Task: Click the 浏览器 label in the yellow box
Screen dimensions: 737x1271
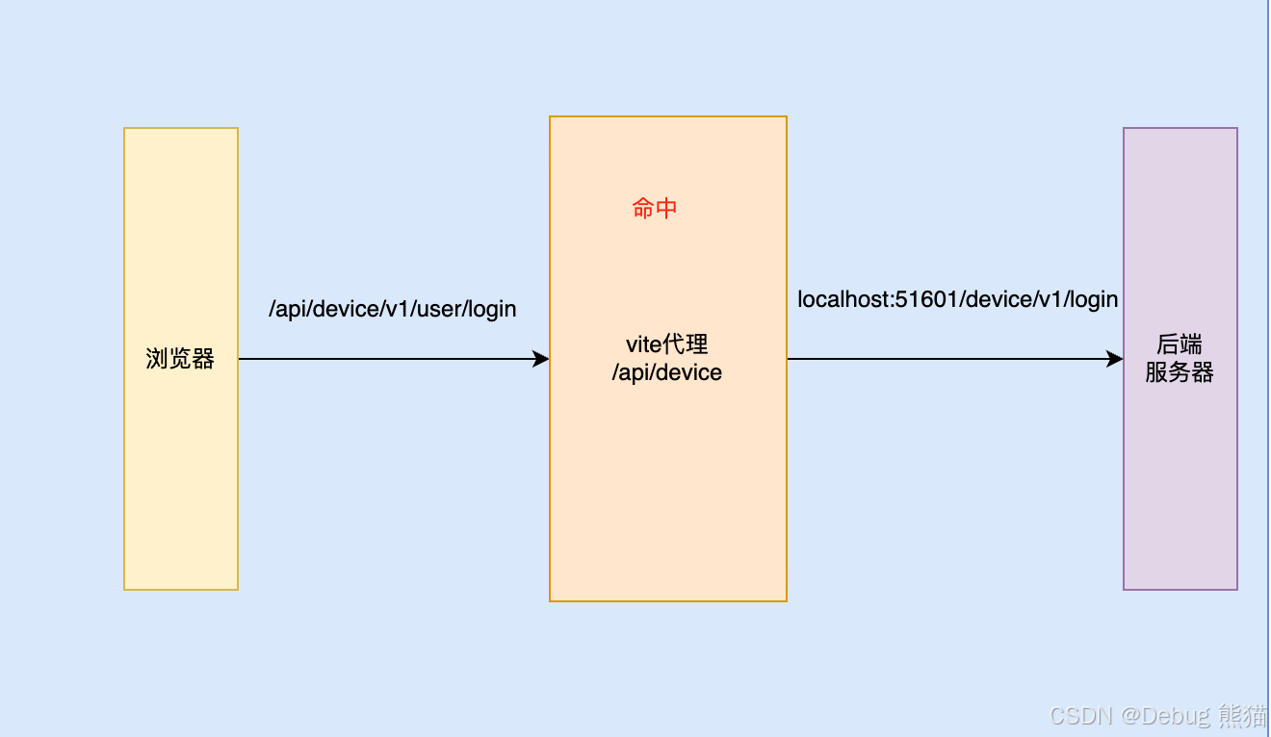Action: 180,360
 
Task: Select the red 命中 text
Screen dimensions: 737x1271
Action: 655,208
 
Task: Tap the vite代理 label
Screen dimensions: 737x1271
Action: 666,344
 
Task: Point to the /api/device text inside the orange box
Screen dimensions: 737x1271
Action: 666,372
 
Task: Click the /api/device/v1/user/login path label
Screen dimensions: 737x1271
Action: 393,309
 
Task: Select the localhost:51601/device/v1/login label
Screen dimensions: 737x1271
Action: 957,299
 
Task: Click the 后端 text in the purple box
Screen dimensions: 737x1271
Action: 1180,344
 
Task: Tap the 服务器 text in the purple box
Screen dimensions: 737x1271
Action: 1180,372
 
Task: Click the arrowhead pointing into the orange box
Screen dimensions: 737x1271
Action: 541,359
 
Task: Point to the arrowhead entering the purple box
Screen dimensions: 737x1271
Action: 1115,359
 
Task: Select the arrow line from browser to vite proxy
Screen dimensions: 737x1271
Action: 385,359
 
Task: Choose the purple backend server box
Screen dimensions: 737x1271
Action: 1180,481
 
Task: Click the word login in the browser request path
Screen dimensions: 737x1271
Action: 493,309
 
